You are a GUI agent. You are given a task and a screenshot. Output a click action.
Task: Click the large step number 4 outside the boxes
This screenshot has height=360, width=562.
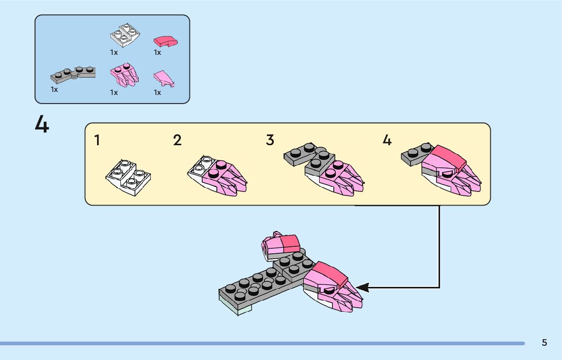coord(42,124)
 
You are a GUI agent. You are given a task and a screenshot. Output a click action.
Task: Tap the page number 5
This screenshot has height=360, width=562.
coord(544,343)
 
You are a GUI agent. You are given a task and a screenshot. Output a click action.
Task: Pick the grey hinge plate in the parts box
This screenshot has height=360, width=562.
coord(73,75)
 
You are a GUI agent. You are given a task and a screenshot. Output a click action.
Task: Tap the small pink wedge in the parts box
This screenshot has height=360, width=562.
coord(164,78)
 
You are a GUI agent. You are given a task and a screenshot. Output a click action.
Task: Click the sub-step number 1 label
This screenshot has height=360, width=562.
coord(97,141)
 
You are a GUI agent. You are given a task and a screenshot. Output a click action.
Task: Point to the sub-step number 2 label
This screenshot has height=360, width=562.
coord(177,140)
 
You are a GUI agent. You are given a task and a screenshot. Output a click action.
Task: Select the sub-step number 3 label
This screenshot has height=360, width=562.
coord(270,140)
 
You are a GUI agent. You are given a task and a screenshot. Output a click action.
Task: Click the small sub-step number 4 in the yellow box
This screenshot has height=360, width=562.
coord(387,140)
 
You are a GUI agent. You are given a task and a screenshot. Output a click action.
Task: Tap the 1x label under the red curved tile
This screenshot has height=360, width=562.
coord(158,52)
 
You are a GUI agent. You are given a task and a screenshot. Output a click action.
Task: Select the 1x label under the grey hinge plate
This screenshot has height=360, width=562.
coord(54,89)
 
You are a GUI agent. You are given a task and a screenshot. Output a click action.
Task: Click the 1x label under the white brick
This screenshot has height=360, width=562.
coord(114,52)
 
